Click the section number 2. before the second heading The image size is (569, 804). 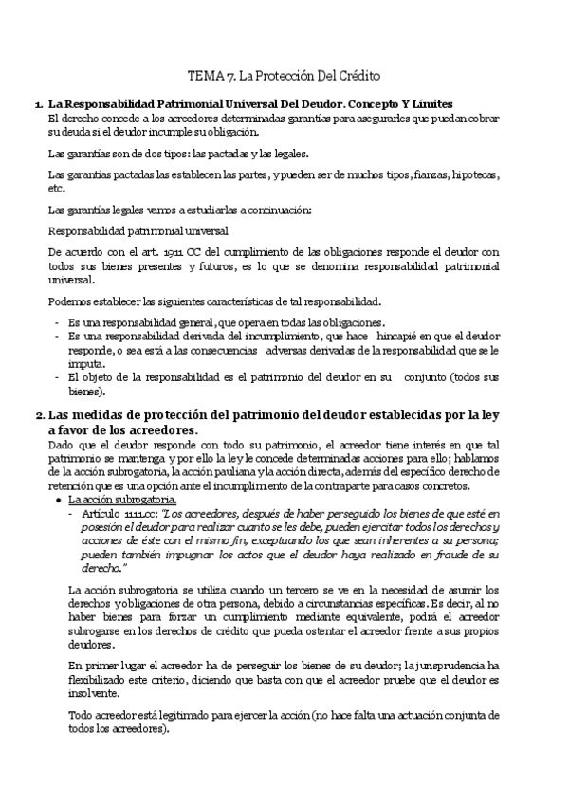pos(39,415)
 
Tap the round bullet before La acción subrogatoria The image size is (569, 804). pos(60,499)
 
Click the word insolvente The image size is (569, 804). pos(92,696)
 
